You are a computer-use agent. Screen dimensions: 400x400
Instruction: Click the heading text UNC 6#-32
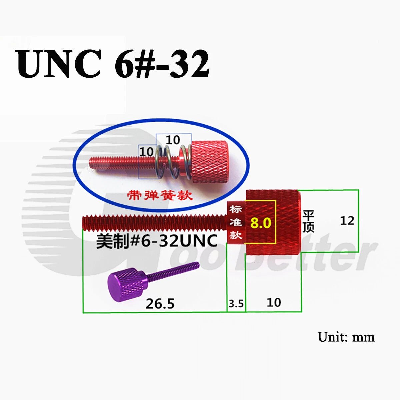[113, 64]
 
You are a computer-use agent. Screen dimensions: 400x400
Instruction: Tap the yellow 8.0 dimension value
[261, 223]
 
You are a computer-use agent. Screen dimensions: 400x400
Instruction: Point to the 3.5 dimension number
[236, 304]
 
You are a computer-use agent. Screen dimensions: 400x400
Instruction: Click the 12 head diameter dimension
[347, 221]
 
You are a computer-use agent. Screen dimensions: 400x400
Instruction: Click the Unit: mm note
[346, 337]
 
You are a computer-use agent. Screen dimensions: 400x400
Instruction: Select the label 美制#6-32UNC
[157, 241]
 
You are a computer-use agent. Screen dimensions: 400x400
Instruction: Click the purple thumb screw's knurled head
[127, 284]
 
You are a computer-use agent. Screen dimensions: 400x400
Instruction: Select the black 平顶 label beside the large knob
[308, 221]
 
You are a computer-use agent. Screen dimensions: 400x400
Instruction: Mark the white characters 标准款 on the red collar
[236, 222]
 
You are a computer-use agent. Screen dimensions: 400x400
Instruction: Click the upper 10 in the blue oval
[173, 140]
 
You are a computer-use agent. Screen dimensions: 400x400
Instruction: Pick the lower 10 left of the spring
[147, 152]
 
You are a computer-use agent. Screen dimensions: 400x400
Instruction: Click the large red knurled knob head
[273, 222]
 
